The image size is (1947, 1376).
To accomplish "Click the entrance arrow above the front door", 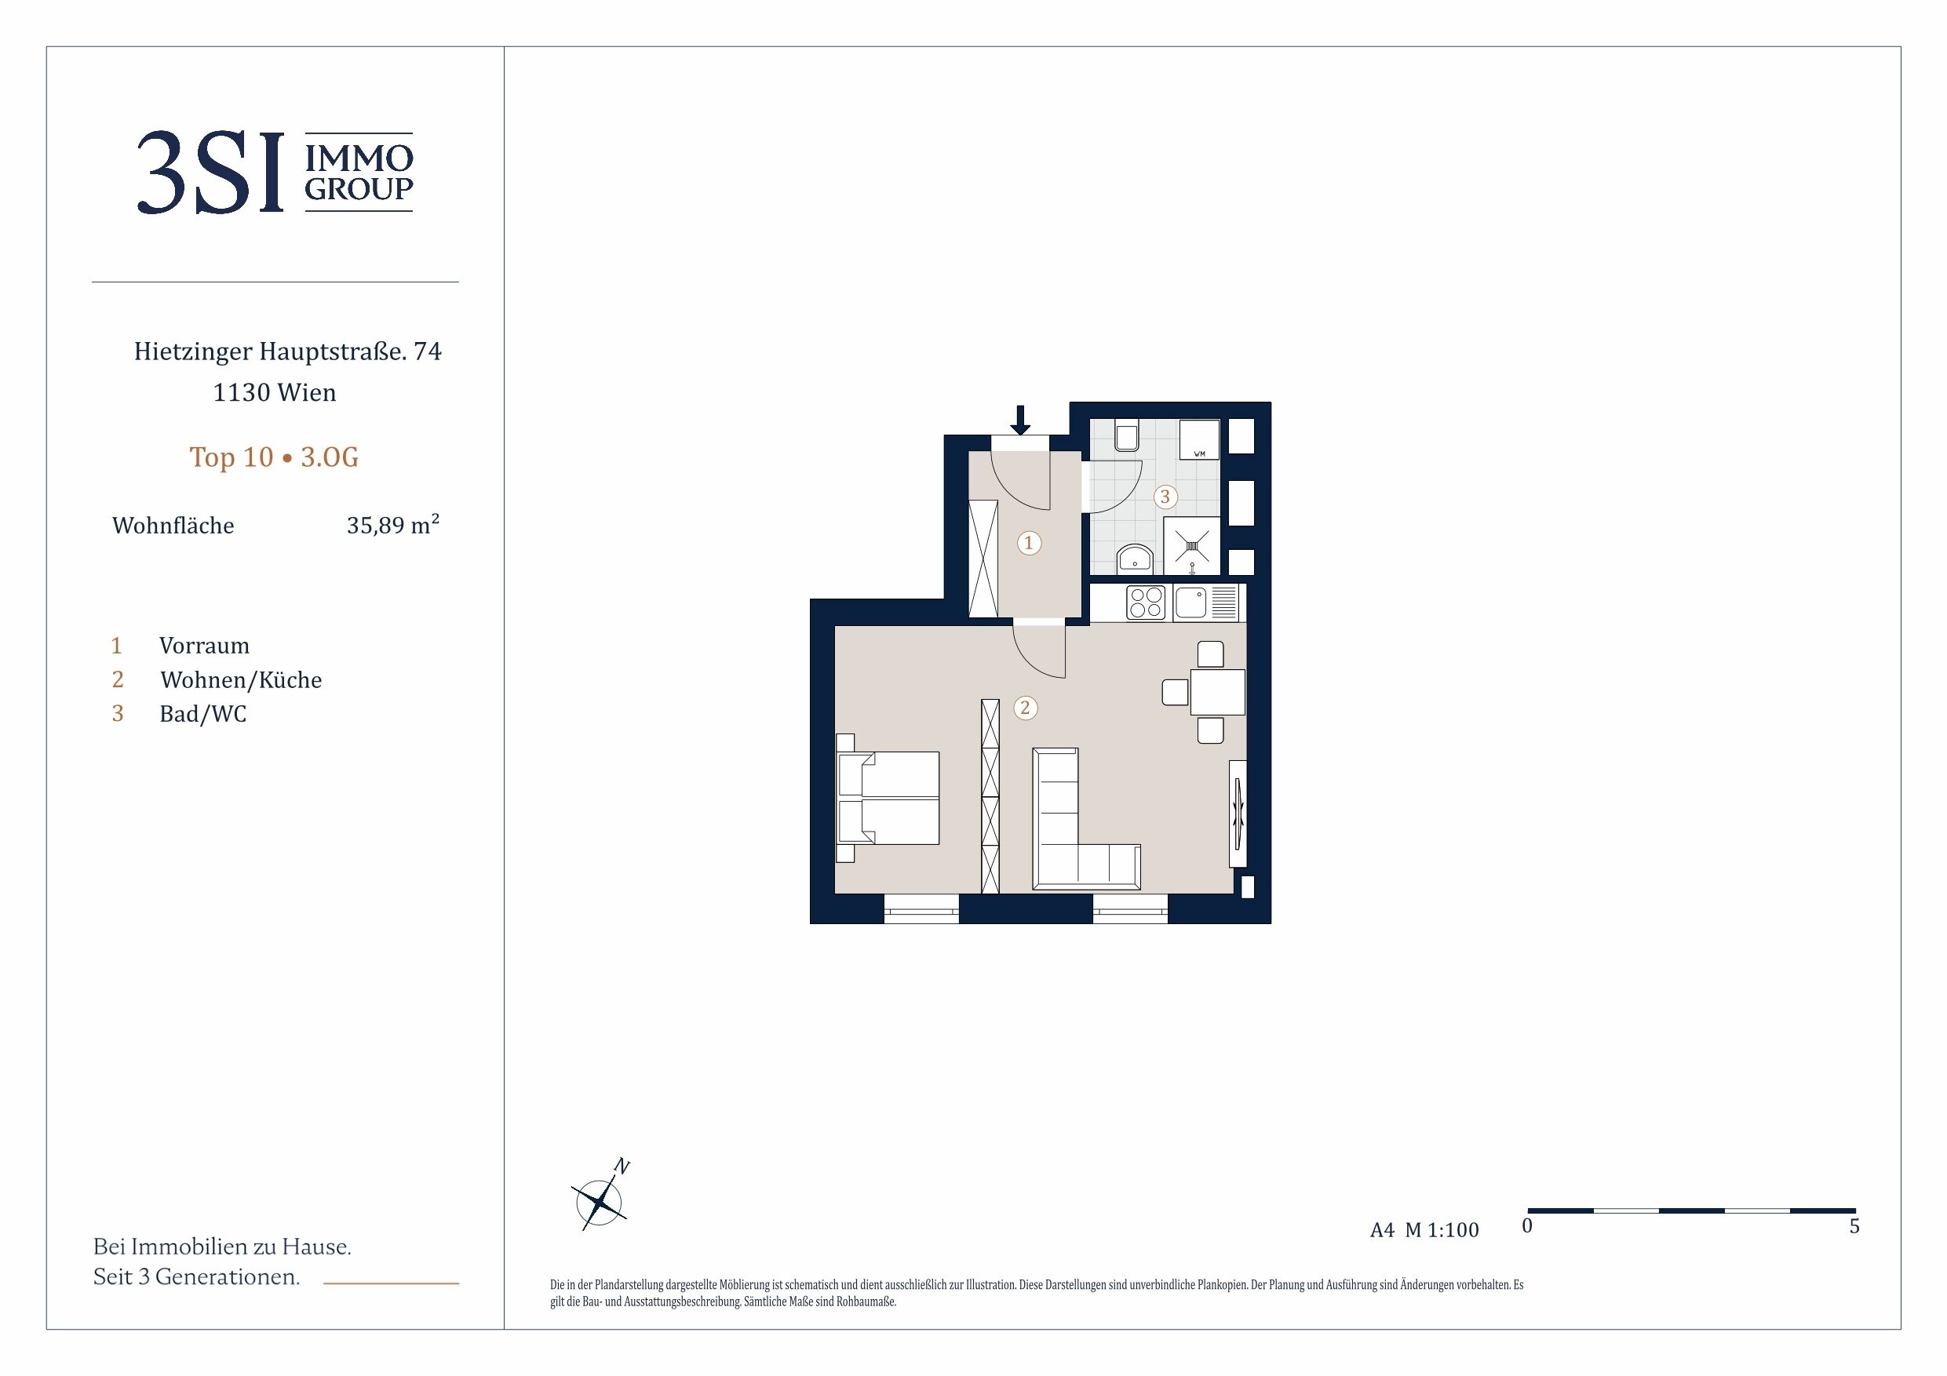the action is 1020,420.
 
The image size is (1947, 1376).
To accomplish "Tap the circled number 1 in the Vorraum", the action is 1029,543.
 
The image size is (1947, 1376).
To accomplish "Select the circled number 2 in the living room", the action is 1025,708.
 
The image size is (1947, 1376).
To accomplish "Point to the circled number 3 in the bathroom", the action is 1165,497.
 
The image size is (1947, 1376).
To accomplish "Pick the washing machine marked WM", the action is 1199,439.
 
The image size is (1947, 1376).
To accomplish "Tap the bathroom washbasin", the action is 1135,559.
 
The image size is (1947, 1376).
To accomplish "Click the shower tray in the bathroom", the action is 1192,546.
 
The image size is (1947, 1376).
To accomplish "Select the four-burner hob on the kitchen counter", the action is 1146,602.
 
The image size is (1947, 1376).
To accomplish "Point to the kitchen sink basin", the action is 1190,602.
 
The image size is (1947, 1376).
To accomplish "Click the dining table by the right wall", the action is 1218,692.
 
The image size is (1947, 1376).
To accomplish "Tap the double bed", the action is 888,798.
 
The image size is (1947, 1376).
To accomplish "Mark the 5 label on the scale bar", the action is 1854,1226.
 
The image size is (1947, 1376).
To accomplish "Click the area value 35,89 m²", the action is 392,524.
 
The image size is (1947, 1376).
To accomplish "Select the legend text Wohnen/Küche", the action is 241,680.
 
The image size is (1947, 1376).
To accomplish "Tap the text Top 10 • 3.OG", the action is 274,457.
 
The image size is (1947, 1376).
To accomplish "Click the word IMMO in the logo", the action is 359,158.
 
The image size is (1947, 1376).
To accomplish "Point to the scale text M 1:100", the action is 1442,1230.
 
